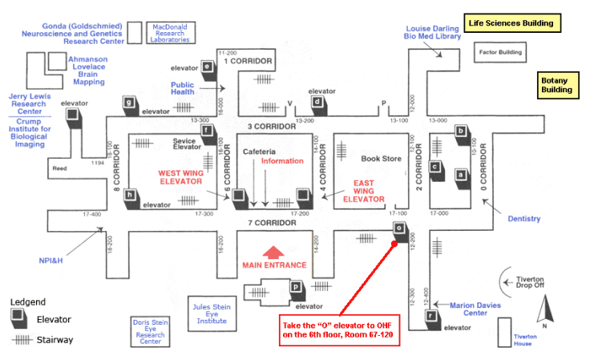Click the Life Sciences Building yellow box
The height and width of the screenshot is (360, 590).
coord(512,22)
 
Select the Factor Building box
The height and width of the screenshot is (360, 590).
coord(500,54)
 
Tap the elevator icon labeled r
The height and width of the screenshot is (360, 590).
coord(431,316)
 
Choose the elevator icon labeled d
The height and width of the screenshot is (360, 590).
coord(318,102)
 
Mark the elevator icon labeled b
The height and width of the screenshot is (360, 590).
coord(460,131)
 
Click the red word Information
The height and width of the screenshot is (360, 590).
coord(283,161)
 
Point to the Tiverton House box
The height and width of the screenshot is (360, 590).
coord(513,332)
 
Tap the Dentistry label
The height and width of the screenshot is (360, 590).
coord(524,219)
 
